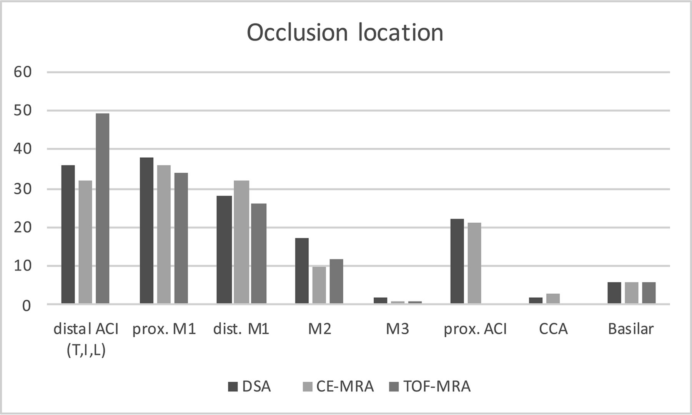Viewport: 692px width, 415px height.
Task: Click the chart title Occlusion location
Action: (x=345, y=33)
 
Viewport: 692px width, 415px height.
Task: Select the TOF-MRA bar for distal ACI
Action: (x=102, y=208)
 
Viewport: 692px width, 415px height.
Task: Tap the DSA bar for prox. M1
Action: (x=146, y=231)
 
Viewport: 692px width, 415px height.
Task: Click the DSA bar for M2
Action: (x=302, y=271)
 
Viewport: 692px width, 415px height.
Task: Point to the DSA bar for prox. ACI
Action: (x=457, y=262)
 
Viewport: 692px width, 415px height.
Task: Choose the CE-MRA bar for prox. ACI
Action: (x=474, y=263)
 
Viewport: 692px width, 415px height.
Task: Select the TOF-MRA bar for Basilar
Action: (x=649, y=293)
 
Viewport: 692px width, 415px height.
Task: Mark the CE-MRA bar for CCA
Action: (x=553, y=299)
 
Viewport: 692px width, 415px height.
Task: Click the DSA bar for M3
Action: (x=380, y=300)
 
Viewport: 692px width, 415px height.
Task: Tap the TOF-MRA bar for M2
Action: (x=336, y=282)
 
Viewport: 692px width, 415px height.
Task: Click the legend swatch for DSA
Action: (x=233, y=386)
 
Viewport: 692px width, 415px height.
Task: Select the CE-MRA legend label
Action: (x=345, y=386)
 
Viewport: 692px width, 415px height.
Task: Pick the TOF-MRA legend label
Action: (x=437, y=386)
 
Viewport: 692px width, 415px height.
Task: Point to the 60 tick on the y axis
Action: (x=23, y=72)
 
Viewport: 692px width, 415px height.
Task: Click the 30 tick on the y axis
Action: (x=23, y=189)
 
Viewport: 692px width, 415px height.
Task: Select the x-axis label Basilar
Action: (x=631, y=329)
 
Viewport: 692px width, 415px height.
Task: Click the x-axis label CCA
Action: (x=553, y=329)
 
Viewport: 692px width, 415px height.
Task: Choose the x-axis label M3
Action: (x=398, y=329)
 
